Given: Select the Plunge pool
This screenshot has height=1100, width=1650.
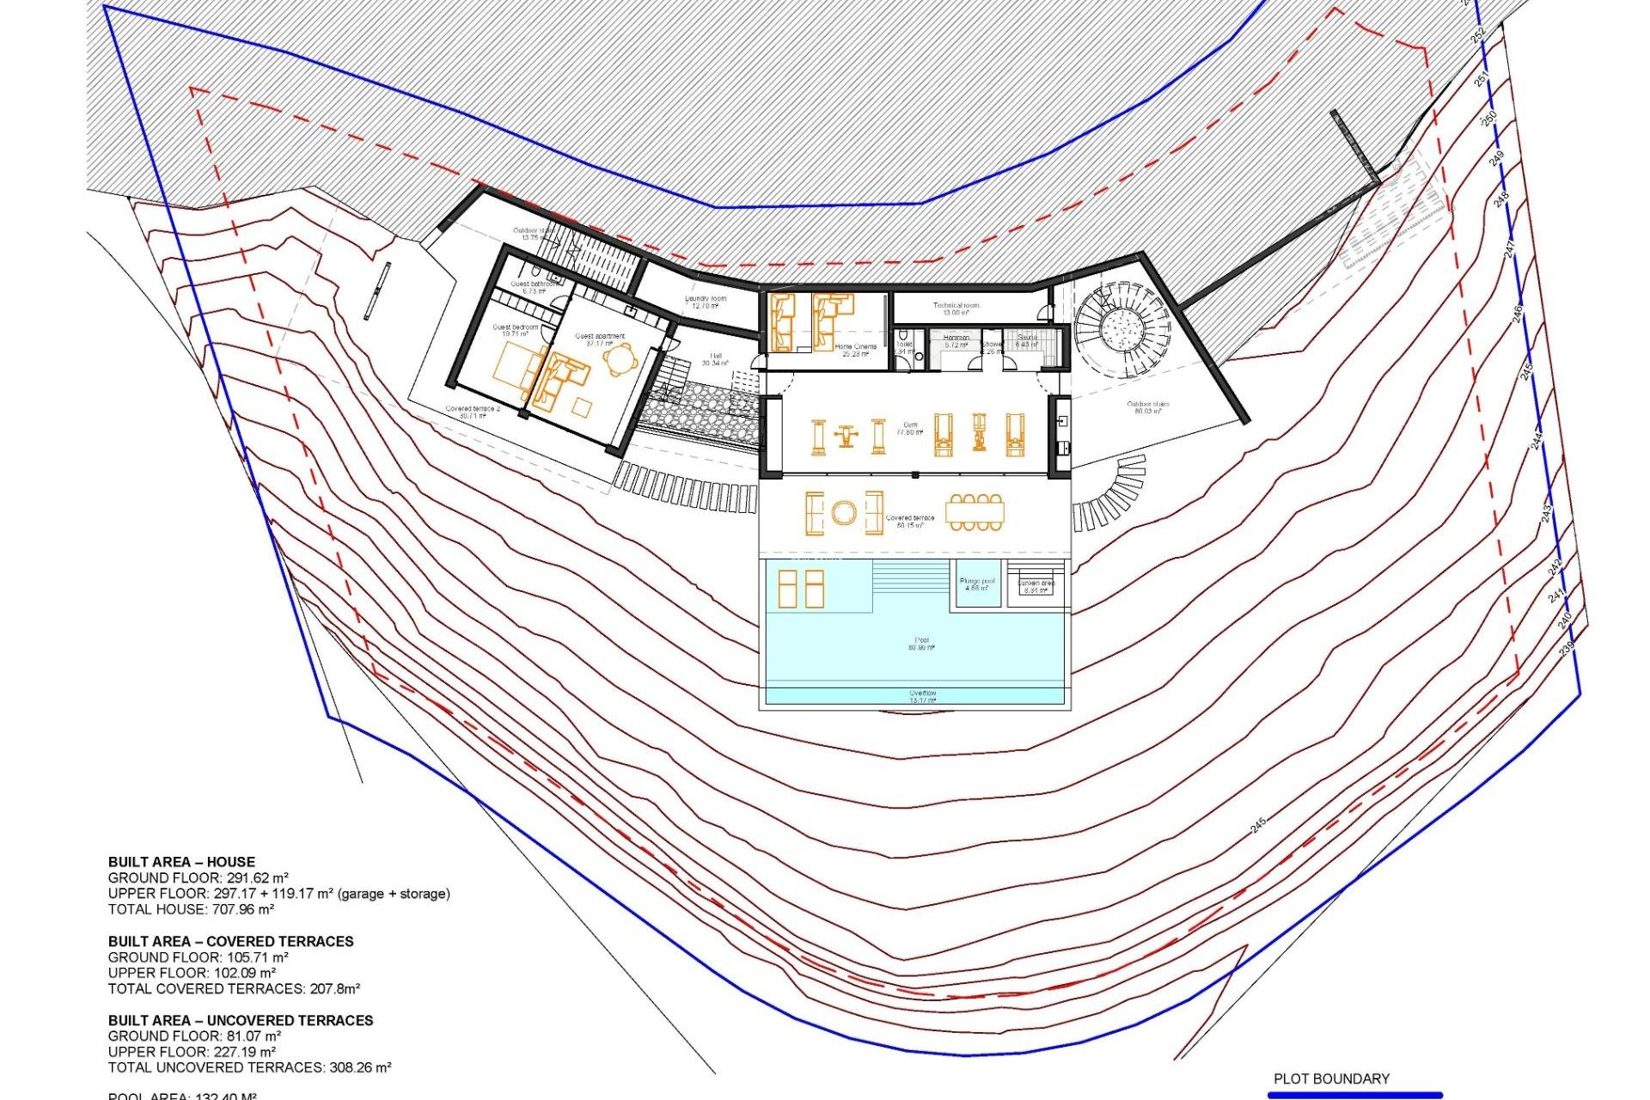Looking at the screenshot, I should pyautogui.click(x=977, y=584).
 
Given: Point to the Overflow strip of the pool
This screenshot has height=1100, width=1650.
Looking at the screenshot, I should pyautogui.click(x=922, y=696).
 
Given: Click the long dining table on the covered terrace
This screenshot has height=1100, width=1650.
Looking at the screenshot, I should pyautogui.click(x=975, y=512).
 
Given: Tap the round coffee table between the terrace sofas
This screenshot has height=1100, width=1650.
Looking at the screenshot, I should pyautogui.click(x=844, y=514).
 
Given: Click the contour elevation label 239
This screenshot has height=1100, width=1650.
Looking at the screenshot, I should pyautogui.click(x=1566, y=648).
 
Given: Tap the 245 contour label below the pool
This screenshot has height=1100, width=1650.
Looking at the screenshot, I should pyautogui.click(x=1258, y=825).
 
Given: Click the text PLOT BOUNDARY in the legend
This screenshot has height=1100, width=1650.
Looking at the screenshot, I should pyautogui.click(x=1331, y=1079).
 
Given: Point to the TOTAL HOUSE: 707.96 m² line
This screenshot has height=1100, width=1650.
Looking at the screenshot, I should pyautogui.click(x=191, y=909).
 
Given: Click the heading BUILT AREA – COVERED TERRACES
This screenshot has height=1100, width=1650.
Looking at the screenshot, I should pyautogui.click(x=230, y=941).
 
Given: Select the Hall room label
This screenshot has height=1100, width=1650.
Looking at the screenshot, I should pyautogui.click(x=715, y=359).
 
